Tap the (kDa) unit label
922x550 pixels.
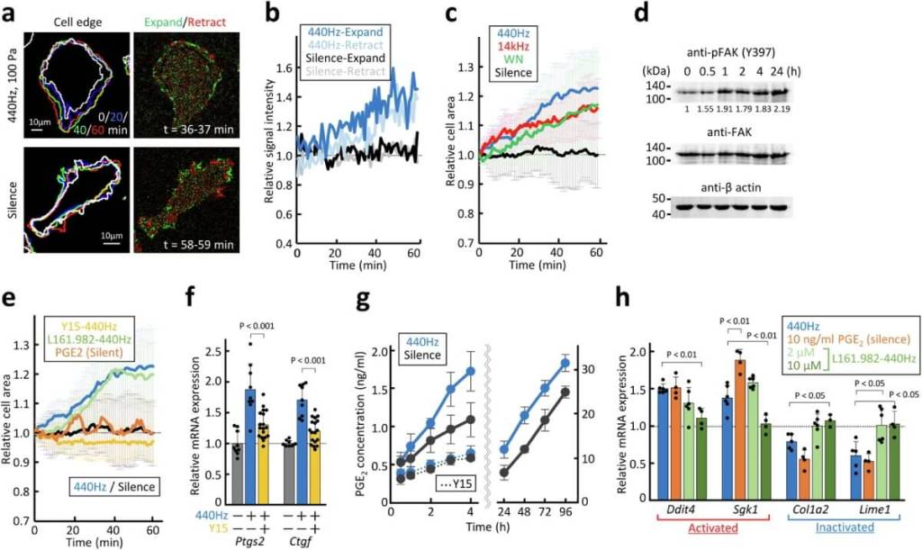tap(659, 69)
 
